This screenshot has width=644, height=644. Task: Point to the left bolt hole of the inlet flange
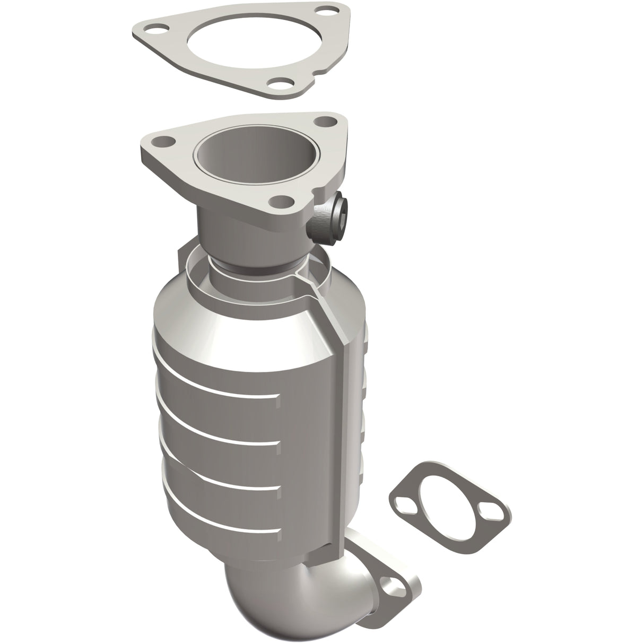(162, 142)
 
